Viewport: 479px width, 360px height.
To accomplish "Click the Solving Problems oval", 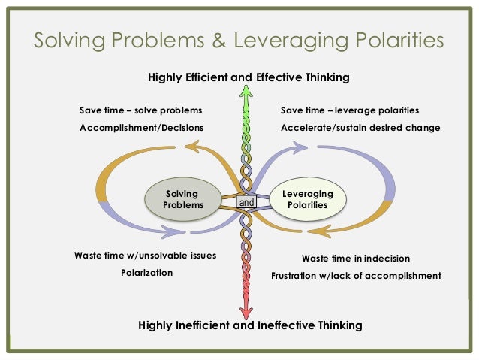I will (x=183, y=200).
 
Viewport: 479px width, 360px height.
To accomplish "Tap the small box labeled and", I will (x=246, y=202).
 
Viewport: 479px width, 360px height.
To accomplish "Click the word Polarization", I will (x=146, y=272).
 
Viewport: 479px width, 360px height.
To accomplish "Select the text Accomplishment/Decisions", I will (x=142, y=127).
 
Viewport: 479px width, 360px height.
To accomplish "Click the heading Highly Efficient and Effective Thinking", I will (x=248, y=77).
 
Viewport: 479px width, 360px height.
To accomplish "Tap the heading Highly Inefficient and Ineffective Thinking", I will (x=251, y=325).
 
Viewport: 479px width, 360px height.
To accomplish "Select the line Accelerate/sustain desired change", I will (x=360, y=127).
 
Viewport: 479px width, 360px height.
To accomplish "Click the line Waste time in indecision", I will (x=356, y=258).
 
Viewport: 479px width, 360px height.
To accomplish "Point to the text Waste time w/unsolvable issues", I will (x=145, y=256).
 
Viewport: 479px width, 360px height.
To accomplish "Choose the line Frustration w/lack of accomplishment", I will (x=356, y=275).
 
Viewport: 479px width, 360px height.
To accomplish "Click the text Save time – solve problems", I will (x=140, y=110).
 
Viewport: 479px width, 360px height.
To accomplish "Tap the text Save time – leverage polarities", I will (x=350, y=110).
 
